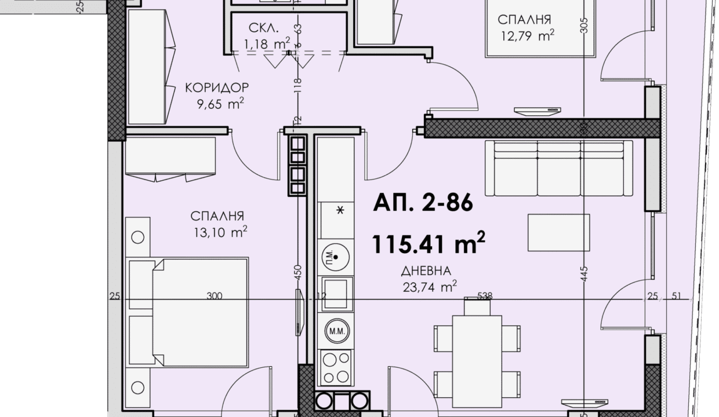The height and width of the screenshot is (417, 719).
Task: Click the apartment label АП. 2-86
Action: click(423, 202)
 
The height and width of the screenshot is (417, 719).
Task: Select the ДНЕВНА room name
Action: click(426, 271)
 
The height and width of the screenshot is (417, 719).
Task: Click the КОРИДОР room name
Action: click(217, 87)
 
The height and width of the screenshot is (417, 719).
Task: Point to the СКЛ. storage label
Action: click(263, 28)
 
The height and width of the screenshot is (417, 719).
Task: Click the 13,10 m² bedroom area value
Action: click(220, 232)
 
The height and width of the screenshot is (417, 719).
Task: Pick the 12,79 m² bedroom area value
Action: click(528, 35)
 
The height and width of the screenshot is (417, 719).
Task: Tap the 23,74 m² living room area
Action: click(430, 287)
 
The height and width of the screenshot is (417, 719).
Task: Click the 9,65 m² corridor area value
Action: click(220, 104)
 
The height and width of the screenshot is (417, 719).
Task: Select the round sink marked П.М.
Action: click(335, 257)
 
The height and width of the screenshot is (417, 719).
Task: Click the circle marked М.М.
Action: click(337, 331)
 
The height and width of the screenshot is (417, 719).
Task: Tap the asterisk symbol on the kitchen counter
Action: click(340, 211)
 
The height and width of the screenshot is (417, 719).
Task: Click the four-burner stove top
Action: click(336, 368)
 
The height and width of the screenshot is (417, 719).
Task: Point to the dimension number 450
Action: click(297, 272)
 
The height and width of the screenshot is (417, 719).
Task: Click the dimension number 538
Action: click(485, 295)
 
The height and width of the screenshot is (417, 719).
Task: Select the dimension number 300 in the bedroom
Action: click(214, 295)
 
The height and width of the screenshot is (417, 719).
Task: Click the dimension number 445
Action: click(584, 274)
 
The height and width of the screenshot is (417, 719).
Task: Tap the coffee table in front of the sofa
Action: click(559, 233)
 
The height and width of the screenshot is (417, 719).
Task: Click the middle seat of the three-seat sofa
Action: click(559, 169)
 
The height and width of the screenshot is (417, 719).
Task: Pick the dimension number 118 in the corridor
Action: click(297, 85)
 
